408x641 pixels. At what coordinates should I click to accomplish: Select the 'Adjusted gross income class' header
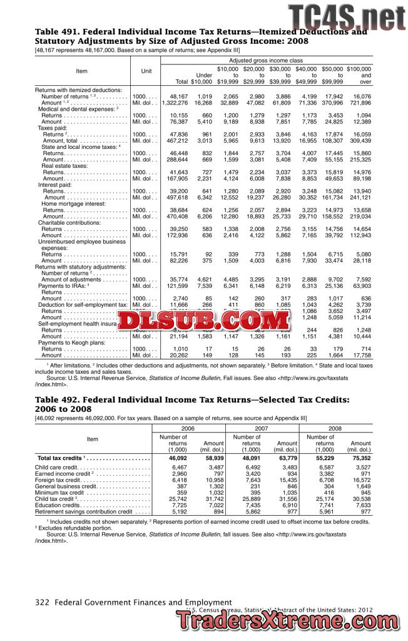265,59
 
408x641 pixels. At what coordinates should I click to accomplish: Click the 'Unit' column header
146,71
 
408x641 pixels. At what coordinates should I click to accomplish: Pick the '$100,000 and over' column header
359,75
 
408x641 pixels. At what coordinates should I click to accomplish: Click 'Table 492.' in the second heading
57,399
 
